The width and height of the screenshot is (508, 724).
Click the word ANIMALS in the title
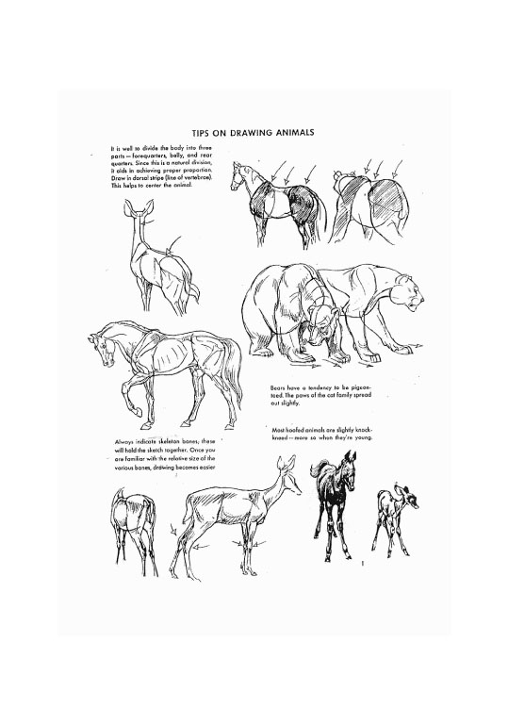(288, 133)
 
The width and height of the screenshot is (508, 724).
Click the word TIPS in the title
(202, 133)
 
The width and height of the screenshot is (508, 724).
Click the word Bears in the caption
(278, 387)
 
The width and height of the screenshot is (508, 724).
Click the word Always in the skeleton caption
(125, 441)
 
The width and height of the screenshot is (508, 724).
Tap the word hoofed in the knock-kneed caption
(294, 430)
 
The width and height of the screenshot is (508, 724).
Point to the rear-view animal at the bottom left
(132, 523)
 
